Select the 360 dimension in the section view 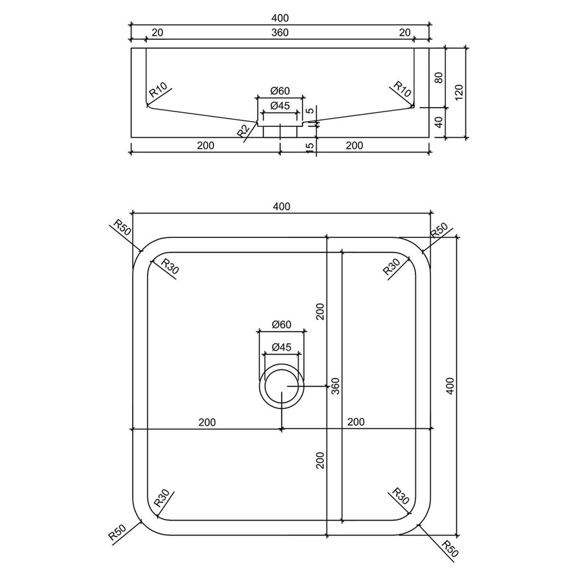pos(280,33)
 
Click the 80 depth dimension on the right pos(439,78)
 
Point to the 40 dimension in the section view pos(439,122)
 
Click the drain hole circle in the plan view pos(281,387)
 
